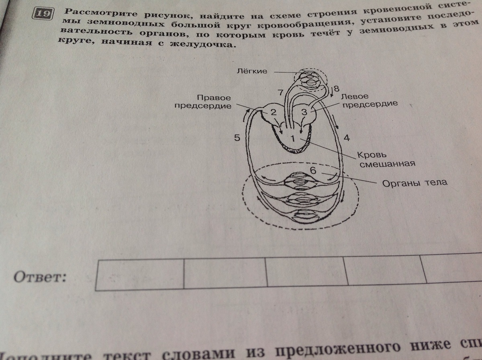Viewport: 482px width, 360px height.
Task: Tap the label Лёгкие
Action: pyautogui.click(x=251, y=72)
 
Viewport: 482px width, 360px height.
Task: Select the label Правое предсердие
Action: pyautogui.click(x=214, y=102)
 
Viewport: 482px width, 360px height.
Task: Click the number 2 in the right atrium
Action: pyautogui.click(x=273, y=112)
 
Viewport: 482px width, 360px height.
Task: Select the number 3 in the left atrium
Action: pyautogui.click(x=304, y=112)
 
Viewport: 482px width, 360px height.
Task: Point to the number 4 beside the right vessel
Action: pyautogui.click(x=347, y=138)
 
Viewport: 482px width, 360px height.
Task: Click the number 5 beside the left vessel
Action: pyautogui.click(x=237, y=138)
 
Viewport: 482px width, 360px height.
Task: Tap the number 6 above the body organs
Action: pyautogui.click(x=313, y=171)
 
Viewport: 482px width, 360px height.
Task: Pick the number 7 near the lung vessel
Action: pyautogui.click(x=280, y=92)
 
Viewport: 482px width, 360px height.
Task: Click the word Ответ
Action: pyautogui.click(x=40, y=277)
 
